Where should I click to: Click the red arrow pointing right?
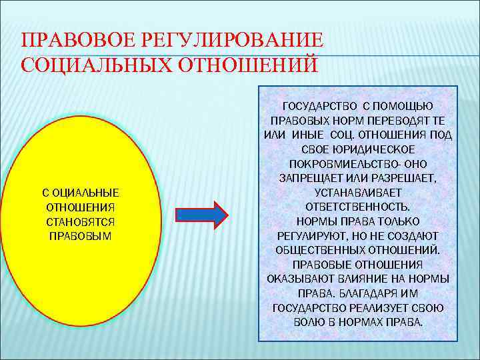pos(201,214)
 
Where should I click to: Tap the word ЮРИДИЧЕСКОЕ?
pos(377,149)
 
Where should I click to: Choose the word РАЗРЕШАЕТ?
pos(405,178)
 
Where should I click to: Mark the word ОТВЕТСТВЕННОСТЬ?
pos(358,207)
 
